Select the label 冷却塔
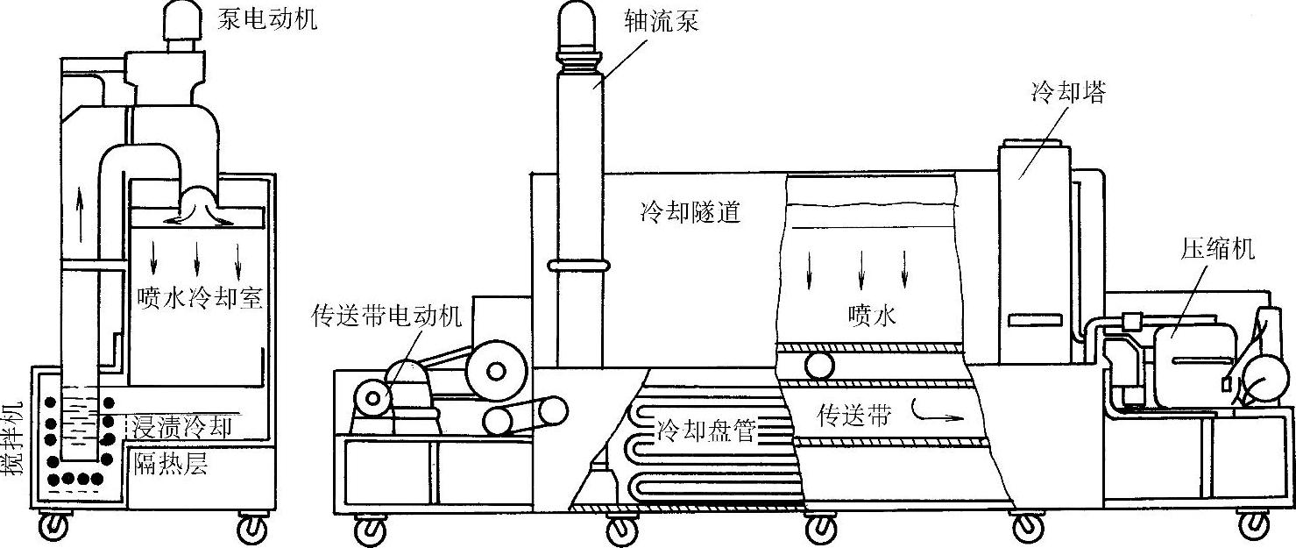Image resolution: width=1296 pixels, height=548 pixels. (1068, 93)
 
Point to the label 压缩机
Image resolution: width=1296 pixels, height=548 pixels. (1218, 249)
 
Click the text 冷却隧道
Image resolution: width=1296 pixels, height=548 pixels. (690, 212)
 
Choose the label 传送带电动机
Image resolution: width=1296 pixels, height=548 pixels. (386, 317)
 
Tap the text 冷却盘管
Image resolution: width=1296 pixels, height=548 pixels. (705, 431)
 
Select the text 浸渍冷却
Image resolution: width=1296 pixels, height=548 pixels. (182, 427)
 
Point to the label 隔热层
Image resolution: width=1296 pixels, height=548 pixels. (170, 463)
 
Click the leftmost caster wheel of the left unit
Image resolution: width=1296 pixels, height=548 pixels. (54, 526)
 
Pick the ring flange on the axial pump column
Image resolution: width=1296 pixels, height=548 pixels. (577, 264)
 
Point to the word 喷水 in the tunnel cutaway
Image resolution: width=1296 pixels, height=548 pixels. (872, 316)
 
